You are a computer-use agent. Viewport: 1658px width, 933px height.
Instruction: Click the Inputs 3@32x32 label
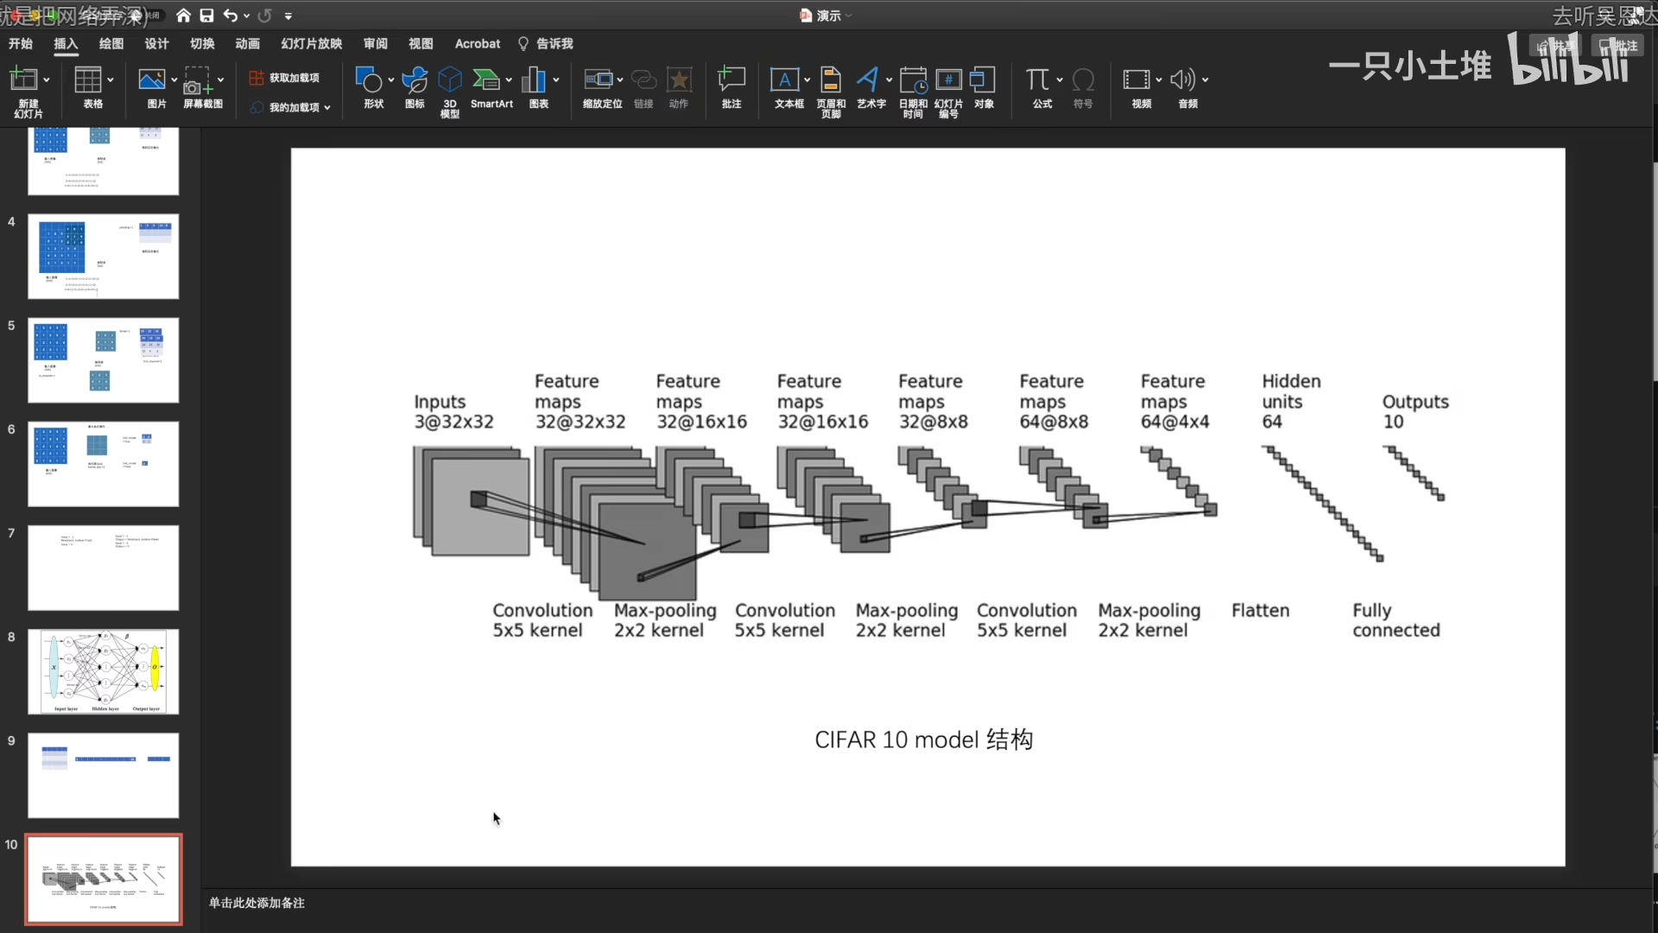(x=453, y=412)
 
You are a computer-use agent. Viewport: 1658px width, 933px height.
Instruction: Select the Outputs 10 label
(x=1414, y=412)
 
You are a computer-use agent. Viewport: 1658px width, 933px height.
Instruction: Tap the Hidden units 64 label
(x=1291, y=402)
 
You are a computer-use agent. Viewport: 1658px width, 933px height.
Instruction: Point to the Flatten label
(x=1260, y=611)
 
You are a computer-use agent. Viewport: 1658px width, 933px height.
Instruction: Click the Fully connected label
(x=1395, y=620)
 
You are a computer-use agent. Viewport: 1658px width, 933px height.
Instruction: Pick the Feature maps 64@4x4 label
(x=1174, y=402)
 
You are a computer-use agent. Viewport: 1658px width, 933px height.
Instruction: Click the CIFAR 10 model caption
(x=923, y=739)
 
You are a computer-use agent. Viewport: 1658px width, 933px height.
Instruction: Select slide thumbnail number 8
(x=104, y=671)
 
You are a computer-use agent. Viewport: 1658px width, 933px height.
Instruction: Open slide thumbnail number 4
(x=104, y=257)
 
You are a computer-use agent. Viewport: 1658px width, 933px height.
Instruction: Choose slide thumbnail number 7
(x=104, y=568)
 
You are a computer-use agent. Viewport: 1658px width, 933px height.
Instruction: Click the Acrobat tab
(x=477, y=44)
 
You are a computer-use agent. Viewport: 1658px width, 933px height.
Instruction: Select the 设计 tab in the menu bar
(x=156, y=44)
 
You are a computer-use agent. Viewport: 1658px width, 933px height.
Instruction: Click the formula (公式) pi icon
(x=1038, y=80)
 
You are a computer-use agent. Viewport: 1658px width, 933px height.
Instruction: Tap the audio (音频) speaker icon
(x=1182, y=80)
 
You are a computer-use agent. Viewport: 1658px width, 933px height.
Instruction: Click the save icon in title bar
(x=206, y=16)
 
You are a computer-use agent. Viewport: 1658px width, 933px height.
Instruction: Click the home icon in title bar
(x=183, y=16)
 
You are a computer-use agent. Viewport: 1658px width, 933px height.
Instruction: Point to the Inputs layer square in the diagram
(x=480, y=506)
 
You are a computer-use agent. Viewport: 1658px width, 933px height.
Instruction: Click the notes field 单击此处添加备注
(x=256, y=903)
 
